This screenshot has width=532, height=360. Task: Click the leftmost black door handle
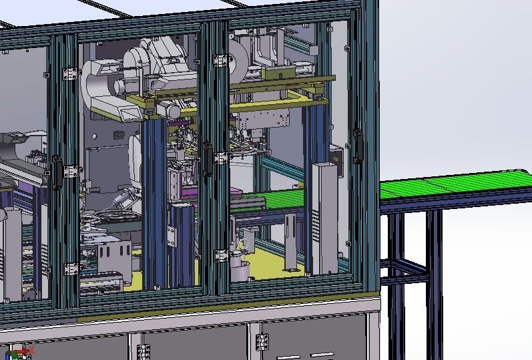58,171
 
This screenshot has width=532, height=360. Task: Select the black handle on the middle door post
208,158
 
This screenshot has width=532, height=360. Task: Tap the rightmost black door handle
358,146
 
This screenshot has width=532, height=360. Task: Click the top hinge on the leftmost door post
69,73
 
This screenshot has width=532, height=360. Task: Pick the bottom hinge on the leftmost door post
70,269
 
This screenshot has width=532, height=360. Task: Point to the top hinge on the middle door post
220,61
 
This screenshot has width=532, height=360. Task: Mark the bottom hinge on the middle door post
220,256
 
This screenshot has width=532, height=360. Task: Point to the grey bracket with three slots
110,254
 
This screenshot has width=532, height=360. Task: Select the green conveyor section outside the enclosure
454,184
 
